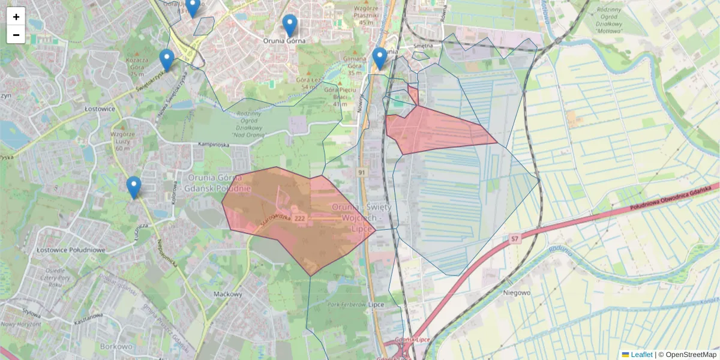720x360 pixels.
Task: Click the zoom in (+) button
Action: point(16,17)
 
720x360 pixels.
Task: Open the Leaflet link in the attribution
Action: point(641,355)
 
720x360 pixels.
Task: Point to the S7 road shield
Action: point(514,239)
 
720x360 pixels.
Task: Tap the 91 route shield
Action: point(362,172)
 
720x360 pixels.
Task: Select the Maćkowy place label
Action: point(227,295)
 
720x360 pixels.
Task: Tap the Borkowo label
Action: point(116,347)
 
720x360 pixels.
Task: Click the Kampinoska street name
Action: point(214,145)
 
